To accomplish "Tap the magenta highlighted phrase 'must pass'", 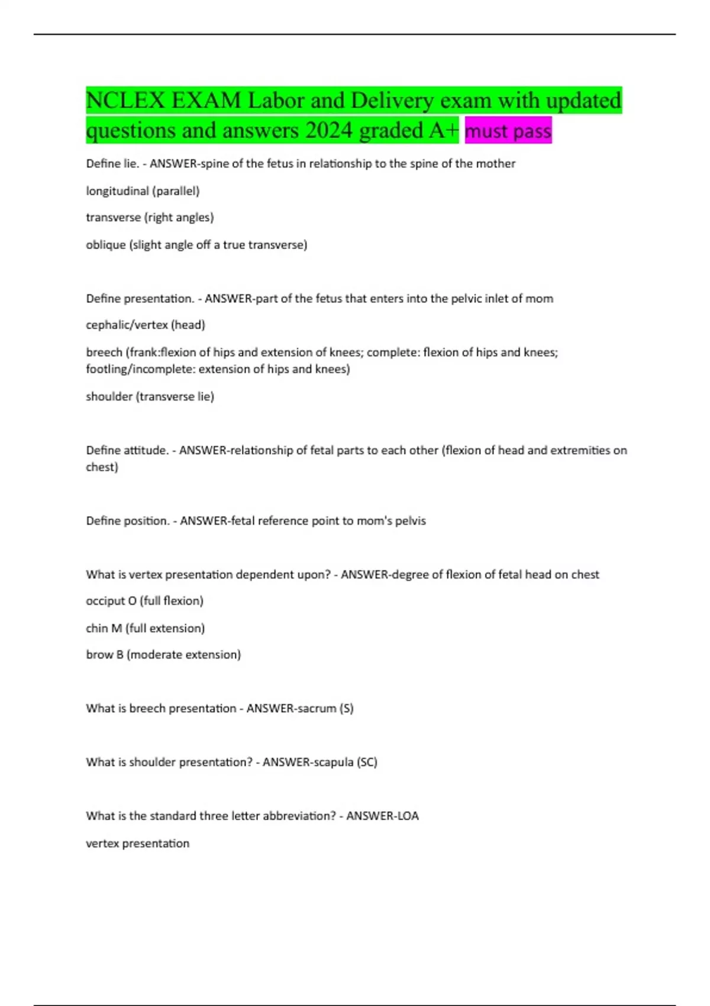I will pyautogui.click(x=508, y=131).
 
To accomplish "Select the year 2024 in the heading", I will pyautogui.click(x=329, y=131).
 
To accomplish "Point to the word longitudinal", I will pyautogui.click(x=117, y=191).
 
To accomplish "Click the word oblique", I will pyautogui.click(x=105, y=245).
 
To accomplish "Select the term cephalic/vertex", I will pyautogui.click(x=127, y=325).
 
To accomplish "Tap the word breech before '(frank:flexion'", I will pyautogui.click(x=104, y=352).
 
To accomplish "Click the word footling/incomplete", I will pyautogui.click(x=140, y=369).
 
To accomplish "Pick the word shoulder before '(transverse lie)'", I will pyautogui.click(x=109, y=396).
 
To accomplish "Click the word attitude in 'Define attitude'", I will pyautogui.click(x=146, y=450).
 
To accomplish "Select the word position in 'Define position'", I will pyautogui.click(x=146, y=521).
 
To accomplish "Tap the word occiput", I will pyautogui.click(x=105, y=601).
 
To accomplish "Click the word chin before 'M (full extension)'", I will pyautogui.click(x=96, y=628).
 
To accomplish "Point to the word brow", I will pyautogui.click(x=98, y=655).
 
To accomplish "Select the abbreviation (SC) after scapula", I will pyautogui.click(x=367, y=762).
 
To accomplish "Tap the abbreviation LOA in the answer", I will pyautogui.click(x=408, y=816).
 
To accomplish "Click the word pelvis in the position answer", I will pyautogui.click(x=409, y=521).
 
